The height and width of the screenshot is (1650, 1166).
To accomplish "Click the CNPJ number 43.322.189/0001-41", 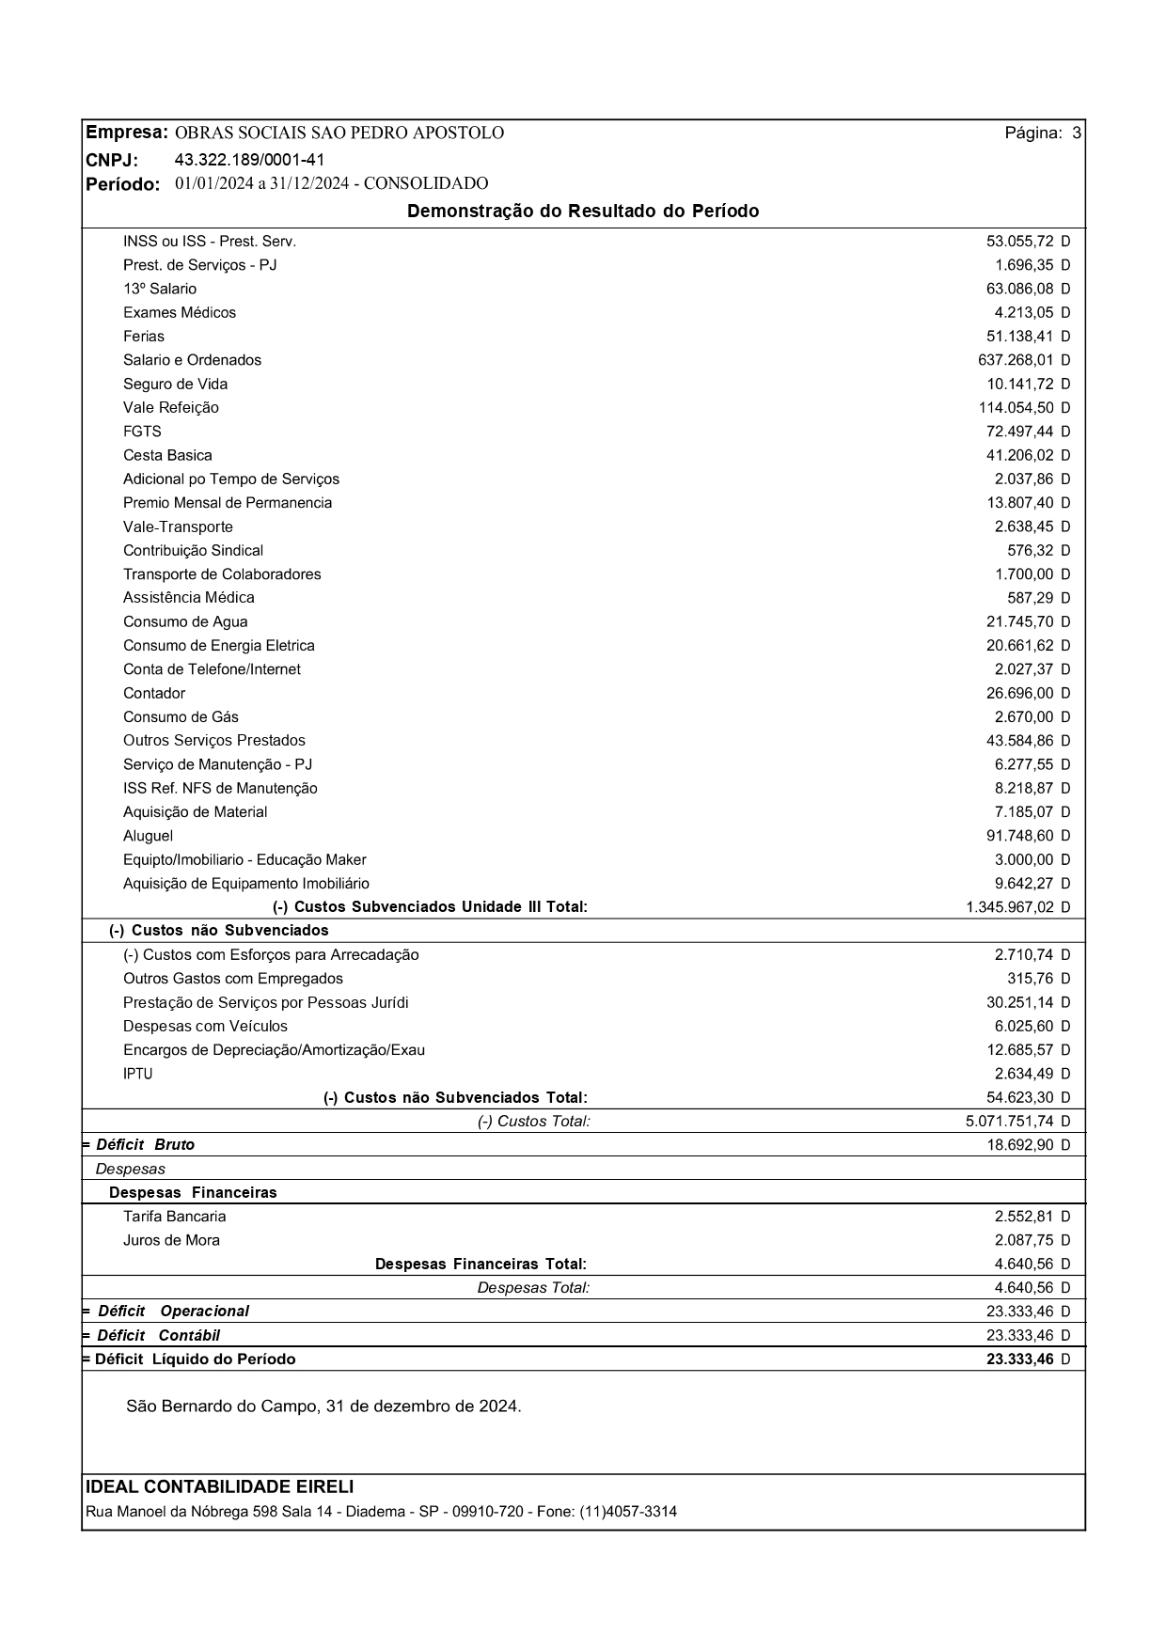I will point(250,159).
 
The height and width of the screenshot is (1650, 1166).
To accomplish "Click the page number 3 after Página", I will point(1077,134).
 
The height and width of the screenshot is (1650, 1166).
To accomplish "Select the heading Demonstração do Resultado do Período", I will point(583,212).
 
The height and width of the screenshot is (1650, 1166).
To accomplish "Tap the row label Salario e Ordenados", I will point(192,360).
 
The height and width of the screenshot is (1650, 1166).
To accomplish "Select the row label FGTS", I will point(142,432).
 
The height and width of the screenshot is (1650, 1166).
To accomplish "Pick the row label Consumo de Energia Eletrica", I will point(218,646).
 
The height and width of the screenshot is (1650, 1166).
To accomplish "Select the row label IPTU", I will point(137,1074).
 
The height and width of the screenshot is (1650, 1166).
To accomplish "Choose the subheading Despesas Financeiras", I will point(193,1192).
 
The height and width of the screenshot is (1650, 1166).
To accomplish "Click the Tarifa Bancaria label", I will point(174,1217).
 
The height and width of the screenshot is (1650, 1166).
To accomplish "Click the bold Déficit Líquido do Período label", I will point(195,1359).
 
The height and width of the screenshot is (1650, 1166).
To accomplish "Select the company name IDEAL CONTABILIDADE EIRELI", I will point(220,1486).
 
